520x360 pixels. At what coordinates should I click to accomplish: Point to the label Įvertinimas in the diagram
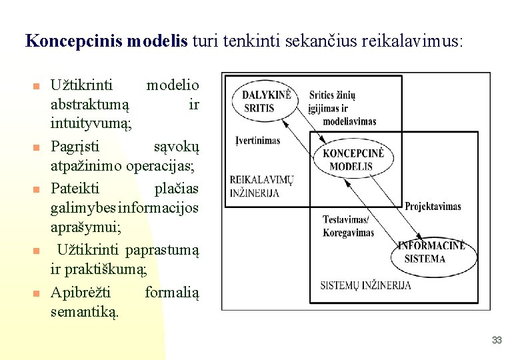point(258,141)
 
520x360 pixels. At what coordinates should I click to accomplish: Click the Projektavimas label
point(433,206)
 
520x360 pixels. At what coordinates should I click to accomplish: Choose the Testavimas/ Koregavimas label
point(348,226)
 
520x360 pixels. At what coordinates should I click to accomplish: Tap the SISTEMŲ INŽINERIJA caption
point(365,285)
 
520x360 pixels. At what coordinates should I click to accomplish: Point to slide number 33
point(496,340)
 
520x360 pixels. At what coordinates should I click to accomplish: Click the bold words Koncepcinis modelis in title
point(107,41)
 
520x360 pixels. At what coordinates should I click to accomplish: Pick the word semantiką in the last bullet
point(85,311)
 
